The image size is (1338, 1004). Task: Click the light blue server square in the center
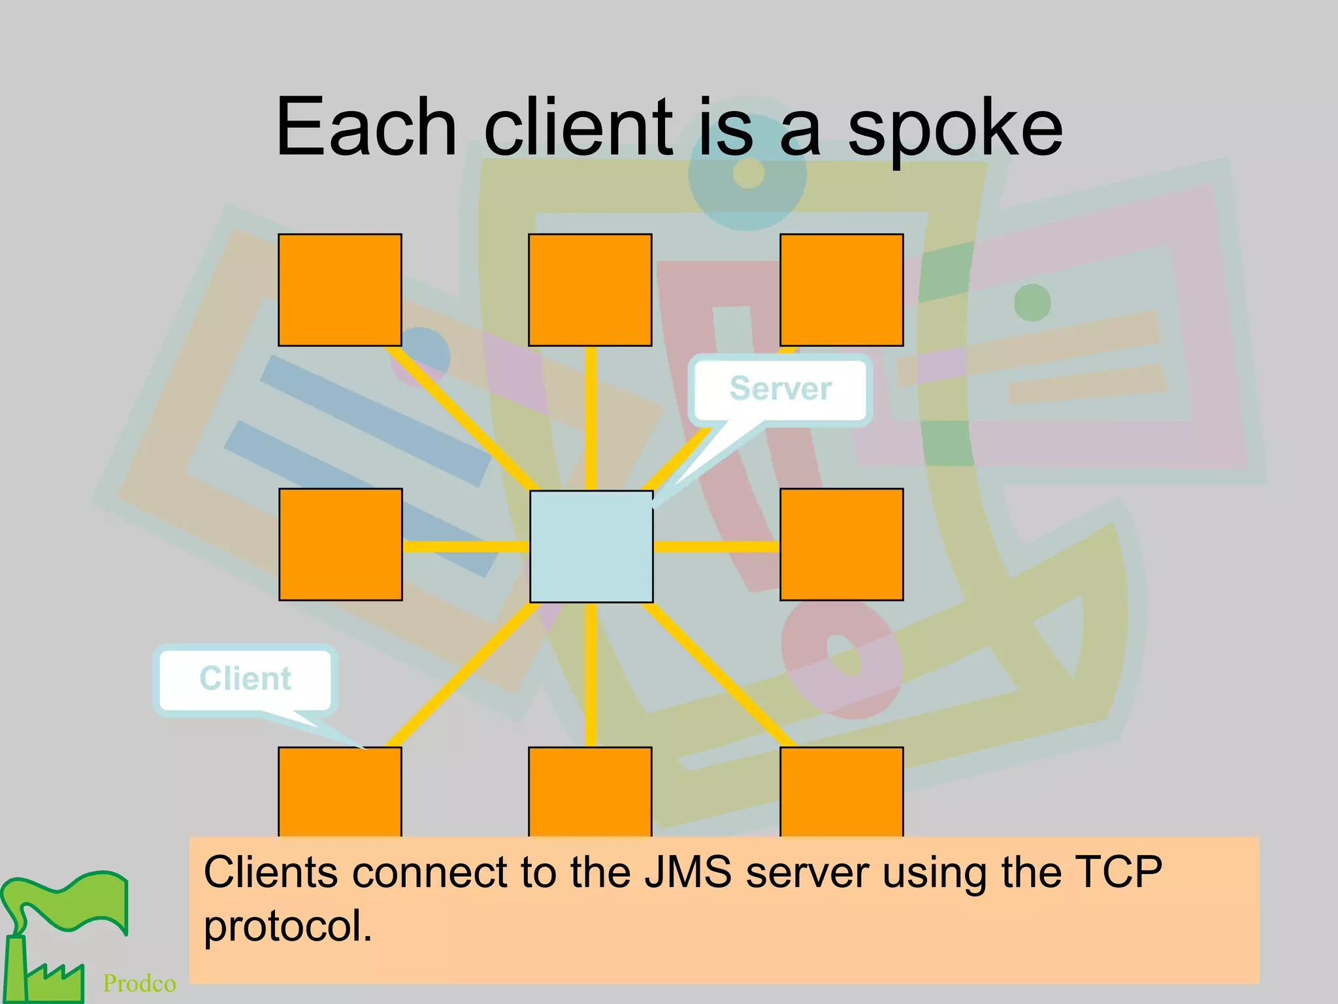pos(591,546)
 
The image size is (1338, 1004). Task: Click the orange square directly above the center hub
pos(590,290)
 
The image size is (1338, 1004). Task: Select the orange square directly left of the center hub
pos(340,544)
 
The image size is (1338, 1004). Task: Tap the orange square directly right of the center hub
pos(841,544)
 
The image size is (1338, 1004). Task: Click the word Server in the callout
pos(780,388)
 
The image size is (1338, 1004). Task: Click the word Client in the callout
pos(245,678)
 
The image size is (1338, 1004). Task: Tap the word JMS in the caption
pos(687,872)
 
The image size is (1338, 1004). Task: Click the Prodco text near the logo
pos(139,983)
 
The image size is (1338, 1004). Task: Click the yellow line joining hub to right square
pos(716,546)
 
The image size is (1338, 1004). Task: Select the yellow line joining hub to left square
pos(466,546)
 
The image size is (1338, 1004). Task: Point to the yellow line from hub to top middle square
pos(591,418)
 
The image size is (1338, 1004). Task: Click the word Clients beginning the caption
pos(270,872)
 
